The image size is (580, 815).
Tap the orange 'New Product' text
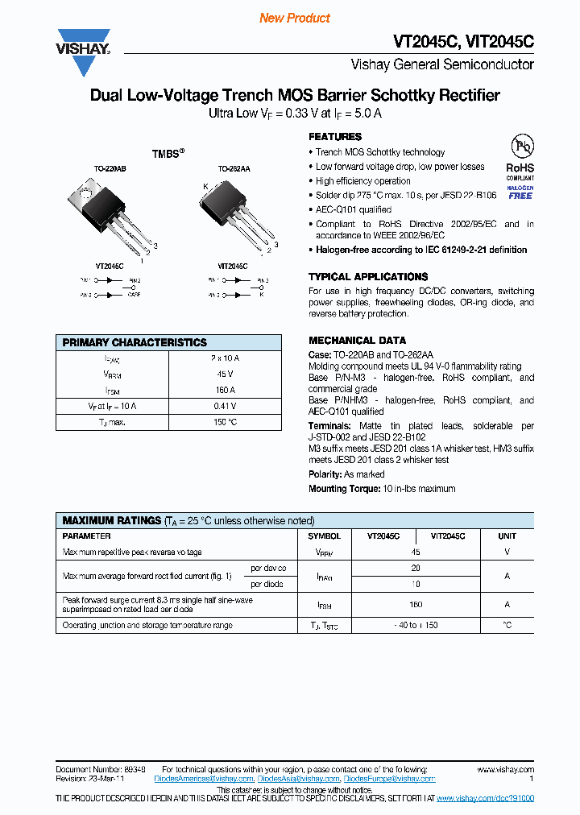(x=295, y=18)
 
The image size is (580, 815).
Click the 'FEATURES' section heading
(x=335, y=137)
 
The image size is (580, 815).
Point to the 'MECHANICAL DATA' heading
(x=357, y=341)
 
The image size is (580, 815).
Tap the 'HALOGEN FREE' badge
(x=520, y=192)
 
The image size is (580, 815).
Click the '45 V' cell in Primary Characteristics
(x=225, y=374)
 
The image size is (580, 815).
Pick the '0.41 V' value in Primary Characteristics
(x=225, y=406)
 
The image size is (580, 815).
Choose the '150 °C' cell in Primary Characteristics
(x=225, y=422)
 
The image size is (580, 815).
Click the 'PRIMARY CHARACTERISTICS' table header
(x=135, y=342)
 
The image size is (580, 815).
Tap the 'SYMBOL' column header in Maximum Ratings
(x=325, y=536)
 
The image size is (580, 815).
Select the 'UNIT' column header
(x=507, y=536)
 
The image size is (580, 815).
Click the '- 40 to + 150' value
(x=416, y=625)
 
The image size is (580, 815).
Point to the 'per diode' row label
(x=267, y=584)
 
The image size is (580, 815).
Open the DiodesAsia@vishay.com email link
(x=298, y=780)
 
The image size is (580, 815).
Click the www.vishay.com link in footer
(x=505, y=770)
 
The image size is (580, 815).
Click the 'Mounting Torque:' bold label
(x=344, y=489)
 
